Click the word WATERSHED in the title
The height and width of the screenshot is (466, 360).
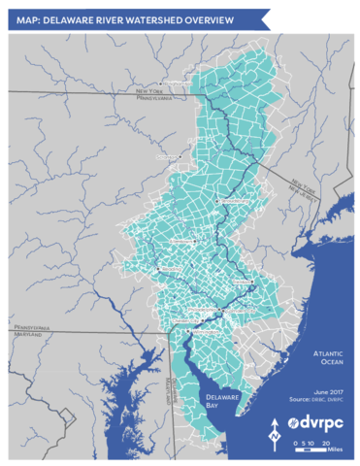tap(128, 17)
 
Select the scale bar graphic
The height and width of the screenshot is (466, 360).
tap(310, 444)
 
